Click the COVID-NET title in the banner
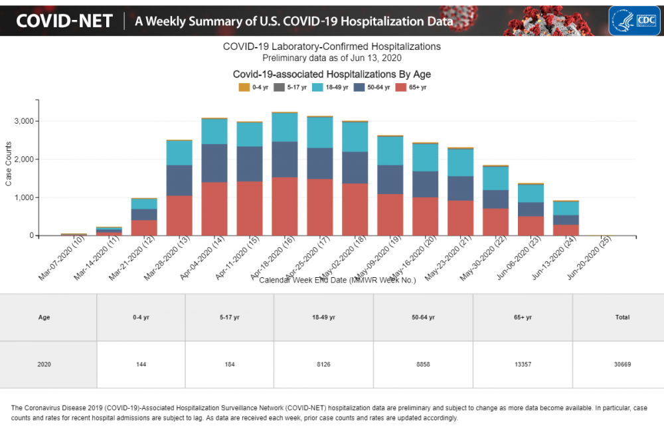pyautogui.click(x=64, y=21)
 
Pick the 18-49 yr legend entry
pyautogui.click(x=330, y=87)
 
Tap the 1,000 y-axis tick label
pyautogui.click(x=23, y=197)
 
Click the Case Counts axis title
pyautogui.click(x=9, y=164)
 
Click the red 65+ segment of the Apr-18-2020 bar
pyautogui.click(x=285, y=206)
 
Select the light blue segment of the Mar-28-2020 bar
pyautogui.click(x=179, y=153)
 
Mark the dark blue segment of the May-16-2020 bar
pyautogui.click(x=425, y=184)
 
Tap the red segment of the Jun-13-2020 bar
pyautogui.click(x=566, y=230)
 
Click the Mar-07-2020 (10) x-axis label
pyautogui.click(x=61, y=259)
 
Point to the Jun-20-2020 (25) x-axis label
pyautogui.click(x=590, y=259)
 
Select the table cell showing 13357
pyautogui.click(x=523, y=365)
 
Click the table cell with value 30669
pyautogui.click(x=622, y=365)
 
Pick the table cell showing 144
pyautogui.click(x=141, y=365)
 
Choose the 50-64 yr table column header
pyautogui.click(x=423, y=318)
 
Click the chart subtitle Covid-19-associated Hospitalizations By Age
pyautogui.click(x=331, y=74)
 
